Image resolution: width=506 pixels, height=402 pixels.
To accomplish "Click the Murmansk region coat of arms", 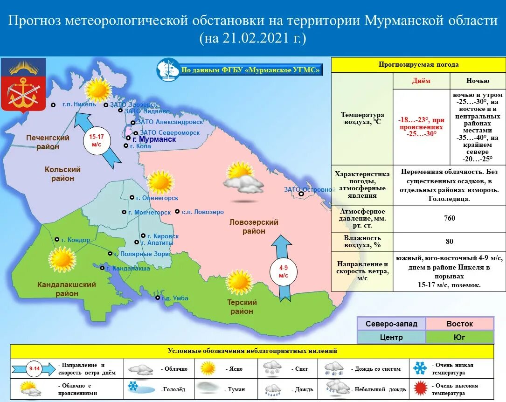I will [x=23, y=85].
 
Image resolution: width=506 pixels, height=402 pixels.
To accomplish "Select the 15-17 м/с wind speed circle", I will [x=97, y=140].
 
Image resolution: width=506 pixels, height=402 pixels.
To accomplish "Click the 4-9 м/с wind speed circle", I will [x=284, y=271].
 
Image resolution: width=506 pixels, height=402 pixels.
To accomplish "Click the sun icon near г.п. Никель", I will [x=98, y=89].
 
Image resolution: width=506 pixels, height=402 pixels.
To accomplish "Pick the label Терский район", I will [x=242, y=307].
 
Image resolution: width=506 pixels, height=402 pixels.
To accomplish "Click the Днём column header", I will [x=421, y=81].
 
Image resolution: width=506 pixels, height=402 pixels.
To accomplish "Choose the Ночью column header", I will [x=478, y=81].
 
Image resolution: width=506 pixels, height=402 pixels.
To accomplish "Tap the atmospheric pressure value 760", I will [x=450, y=218].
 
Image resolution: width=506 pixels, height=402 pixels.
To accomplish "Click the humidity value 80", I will [x=450, y=242].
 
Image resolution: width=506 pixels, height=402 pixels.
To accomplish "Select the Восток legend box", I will [x=459, y=324].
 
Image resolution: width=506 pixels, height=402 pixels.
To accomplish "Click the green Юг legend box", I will [x=459, y=337].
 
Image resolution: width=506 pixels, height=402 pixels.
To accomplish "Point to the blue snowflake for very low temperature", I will [x=420, y=368].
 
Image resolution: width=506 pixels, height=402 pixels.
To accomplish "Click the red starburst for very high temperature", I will [x=420, y=388].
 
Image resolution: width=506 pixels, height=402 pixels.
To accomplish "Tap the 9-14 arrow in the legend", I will [x=34, y=369].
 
